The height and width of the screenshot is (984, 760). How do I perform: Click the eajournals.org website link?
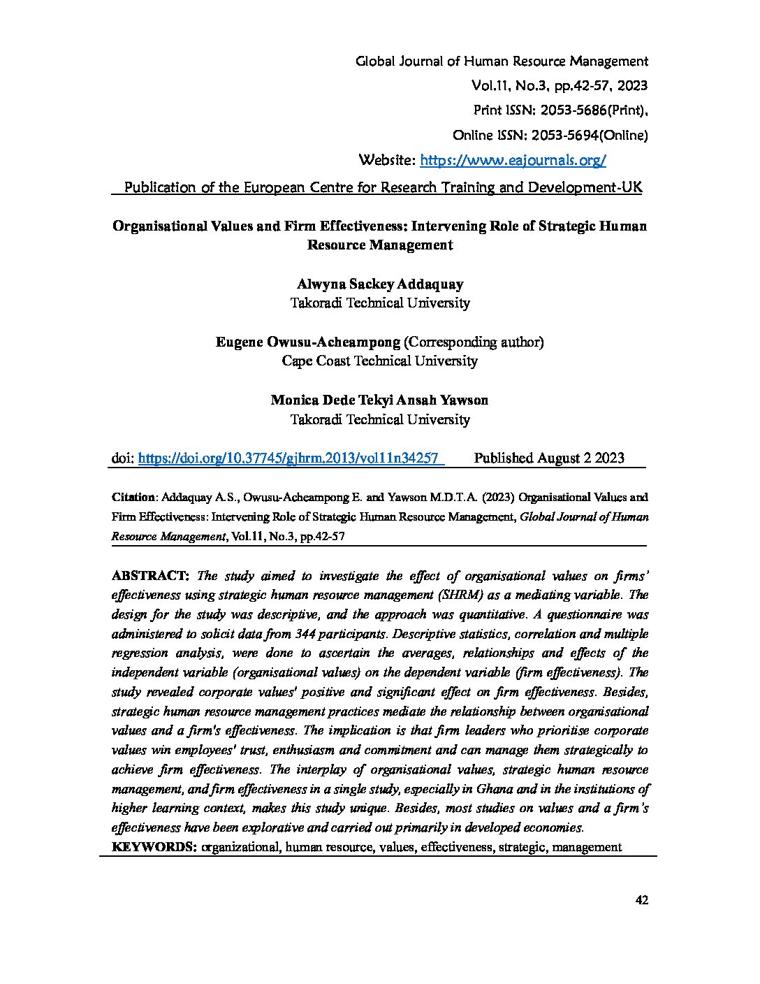(513, 161)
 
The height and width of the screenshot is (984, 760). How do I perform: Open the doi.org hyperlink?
(288, 458)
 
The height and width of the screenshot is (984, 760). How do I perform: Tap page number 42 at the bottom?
(643, 900)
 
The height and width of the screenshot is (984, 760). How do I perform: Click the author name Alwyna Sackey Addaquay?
(379, 284)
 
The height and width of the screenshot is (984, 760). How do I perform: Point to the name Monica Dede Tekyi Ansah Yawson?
(379, 400)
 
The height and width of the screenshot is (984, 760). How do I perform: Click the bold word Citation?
(133, 498)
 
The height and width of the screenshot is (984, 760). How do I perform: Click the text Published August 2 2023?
(549, 458)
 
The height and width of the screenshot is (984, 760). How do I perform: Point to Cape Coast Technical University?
(379, 361)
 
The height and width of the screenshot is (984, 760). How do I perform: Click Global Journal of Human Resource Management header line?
(502, 61)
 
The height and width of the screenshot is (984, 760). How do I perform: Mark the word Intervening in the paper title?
(455, 226)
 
